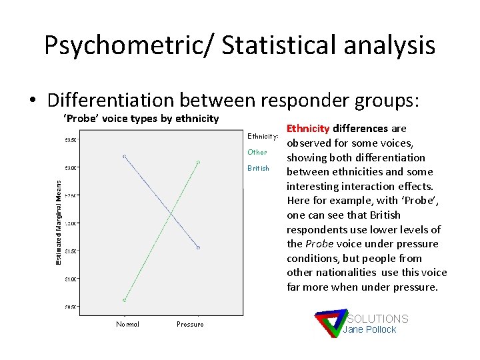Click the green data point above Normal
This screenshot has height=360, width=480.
click(125, 300)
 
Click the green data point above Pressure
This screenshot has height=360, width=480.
click(199, 162)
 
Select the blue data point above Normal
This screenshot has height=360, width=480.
click(125, 156)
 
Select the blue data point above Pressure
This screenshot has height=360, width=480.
click(199, 247)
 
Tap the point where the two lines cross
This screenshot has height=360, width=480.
click(172, 214)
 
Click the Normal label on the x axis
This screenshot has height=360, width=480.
click(127, 325)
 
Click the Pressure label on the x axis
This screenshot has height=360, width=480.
click(190, 325)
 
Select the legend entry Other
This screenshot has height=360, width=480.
click(257, 152)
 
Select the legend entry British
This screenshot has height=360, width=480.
click(258, 168)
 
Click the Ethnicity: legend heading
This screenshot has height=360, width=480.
click(263, 136)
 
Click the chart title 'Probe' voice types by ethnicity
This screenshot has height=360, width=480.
click(141, 119)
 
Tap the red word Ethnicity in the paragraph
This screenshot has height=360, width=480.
click(308, 129)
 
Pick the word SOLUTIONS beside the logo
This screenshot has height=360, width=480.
click(377, 319)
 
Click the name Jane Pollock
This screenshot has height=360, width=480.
click(369, 329)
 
